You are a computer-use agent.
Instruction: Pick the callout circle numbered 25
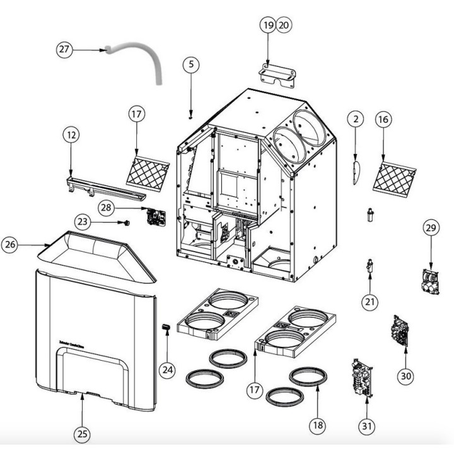tap(83, 433)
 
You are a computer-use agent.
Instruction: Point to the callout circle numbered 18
tap(318, 425)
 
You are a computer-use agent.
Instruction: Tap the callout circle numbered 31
tap(366, 426)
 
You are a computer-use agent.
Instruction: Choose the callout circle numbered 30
tap(406, 376)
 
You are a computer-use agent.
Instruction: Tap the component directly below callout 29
tap(431, 281)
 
